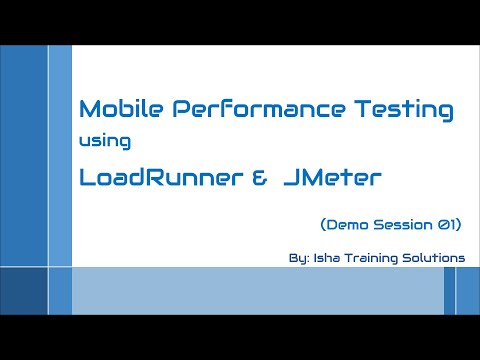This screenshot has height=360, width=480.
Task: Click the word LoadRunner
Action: [153, 179]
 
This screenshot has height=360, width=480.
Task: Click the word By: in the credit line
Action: [297, 257]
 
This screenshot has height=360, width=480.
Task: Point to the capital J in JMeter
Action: [289, 179]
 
